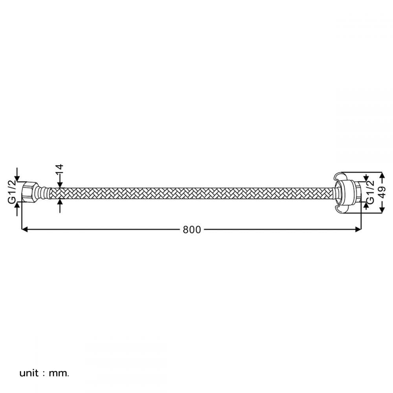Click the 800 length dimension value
tap(192, 230)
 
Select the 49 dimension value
tap(382, 192)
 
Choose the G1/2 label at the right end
tap(370, 192)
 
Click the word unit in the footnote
tap(29, 373)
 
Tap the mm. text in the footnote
tap(59, 373)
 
